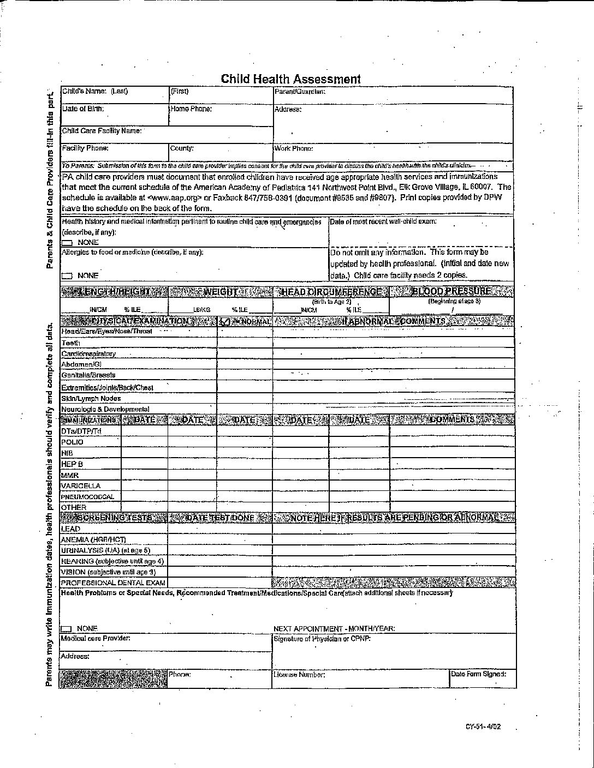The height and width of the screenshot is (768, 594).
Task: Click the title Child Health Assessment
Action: tap(290, 79)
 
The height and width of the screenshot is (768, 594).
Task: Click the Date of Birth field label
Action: tap(83, 109)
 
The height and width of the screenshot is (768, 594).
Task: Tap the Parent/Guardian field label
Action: tap(300, 92)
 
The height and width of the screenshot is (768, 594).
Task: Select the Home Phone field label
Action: tap(191, 109)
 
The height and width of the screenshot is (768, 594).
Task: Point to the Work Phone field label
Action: tap(294, 148)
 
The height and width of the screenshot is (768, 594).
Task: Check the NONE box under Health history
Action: tap(67, 242)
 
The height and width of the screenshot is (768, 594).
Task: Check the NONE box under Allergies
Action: tap(67, 276)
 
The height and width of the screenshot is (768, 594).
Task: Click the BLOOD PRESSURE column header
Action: tap(452, 291)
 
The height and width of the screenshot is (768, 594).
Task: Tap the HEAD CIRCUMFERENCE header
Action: tap(331, 292)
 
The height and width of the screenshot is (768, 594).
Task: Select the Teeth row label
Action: tap(71, 343)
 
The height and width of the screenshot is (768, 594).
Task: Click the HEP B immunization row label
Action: tap(72, 464)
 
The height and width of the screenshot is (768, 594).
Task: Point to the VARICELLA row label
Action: tap(81, 485)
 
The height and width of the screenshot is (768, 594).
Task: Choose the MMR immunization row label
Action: tap(70, 475)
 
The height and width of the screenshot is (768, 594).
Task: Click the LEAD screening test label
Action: tap(71, 529)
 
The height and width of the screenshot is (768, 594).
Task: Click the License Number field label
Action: tap(300, 675)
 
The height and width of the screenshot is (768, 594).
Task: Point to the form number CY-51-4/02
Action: tap(483, 726)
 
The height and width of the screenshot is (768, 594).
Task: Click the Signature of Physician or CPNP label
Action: tap(322, 639)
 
